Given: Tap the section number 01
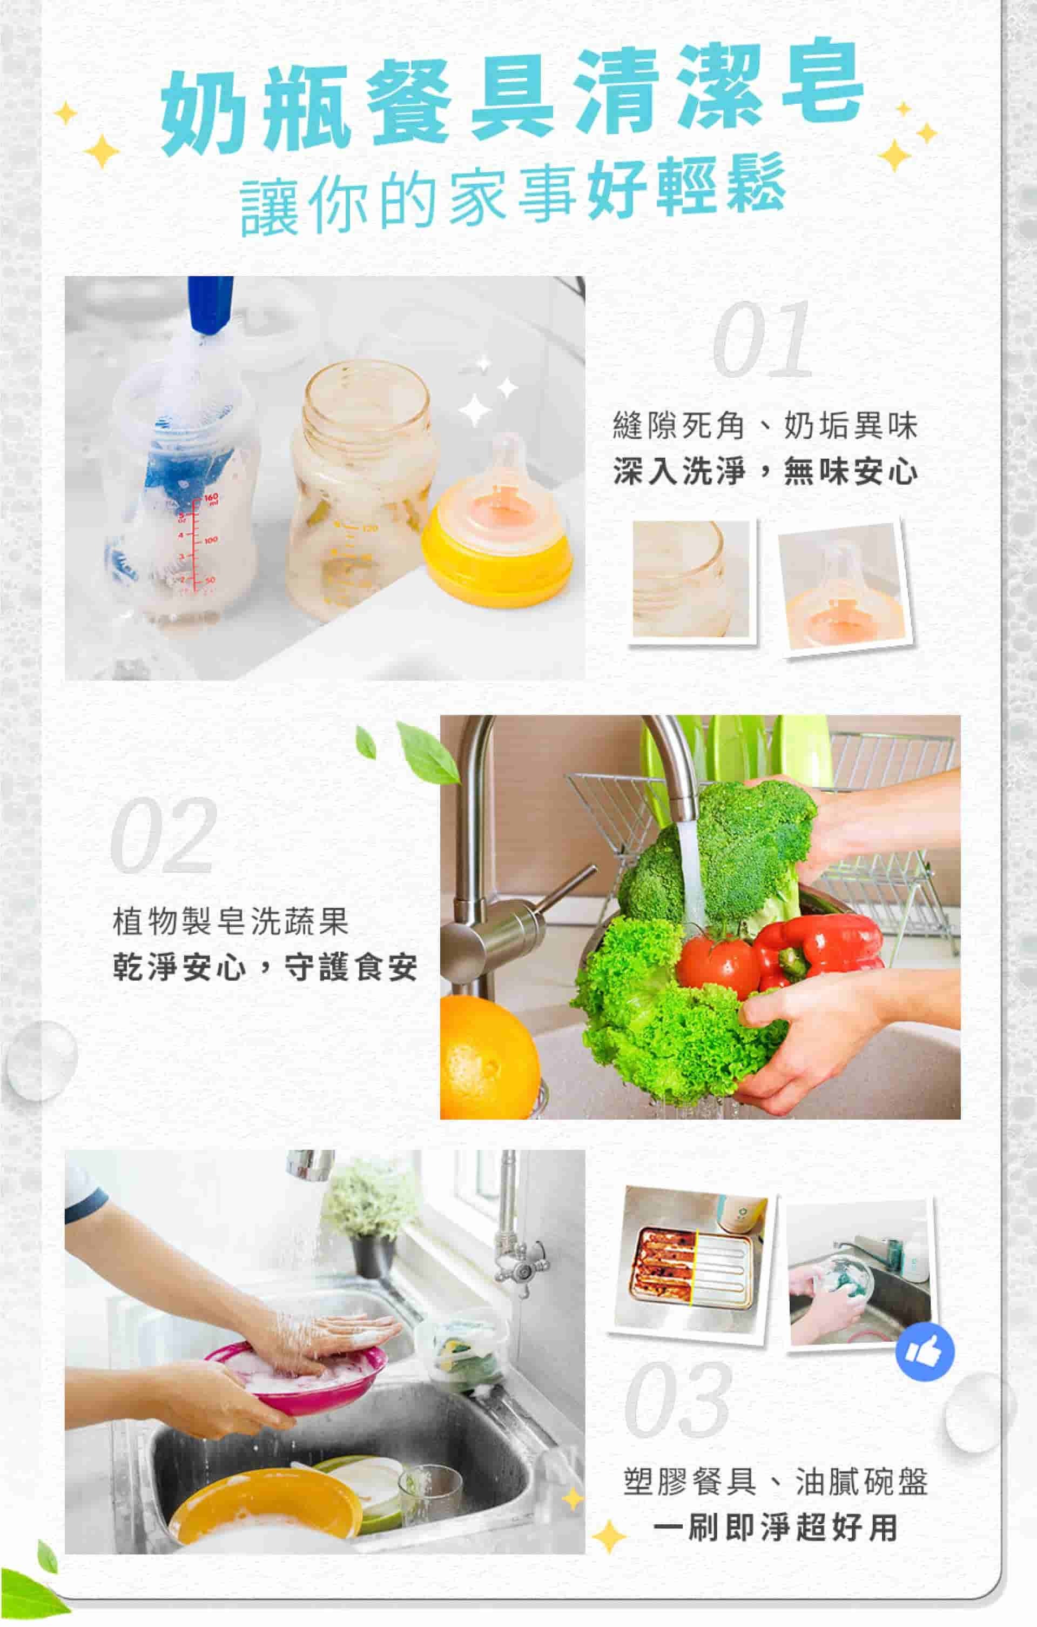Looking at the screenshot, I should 762,339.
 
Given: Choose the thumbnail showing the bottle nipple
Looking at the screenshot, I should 845,586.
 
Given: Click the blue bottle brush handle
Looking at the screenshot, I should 210,304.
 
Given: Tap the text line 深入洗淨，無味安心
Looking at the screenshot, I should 765,471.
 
